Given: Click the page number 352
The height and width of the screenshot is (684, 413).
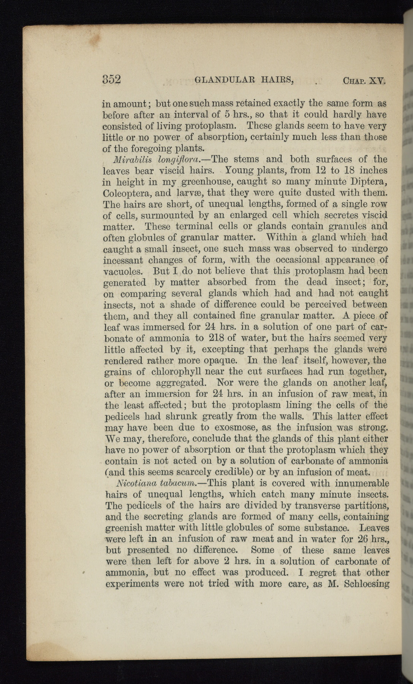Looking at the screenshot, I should (x=111, y=79).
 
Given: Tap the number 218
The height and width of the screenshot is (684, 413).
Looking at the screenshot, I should (x=216, y=338).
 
